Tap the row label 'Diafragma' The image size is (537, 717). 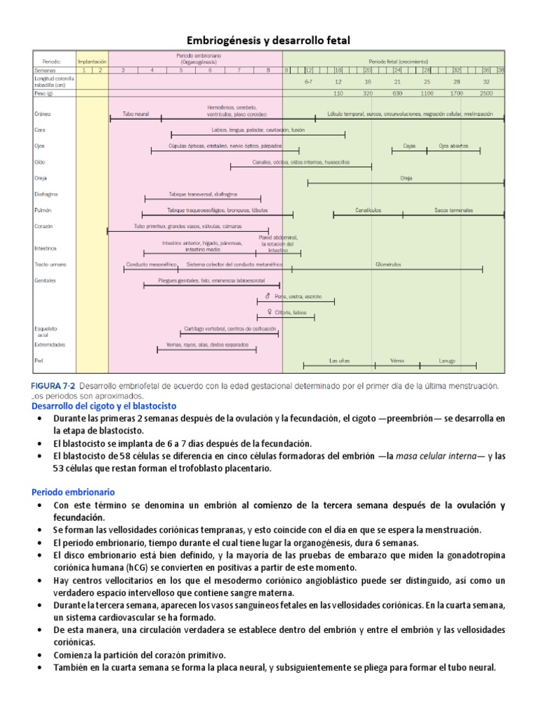pos(46,194)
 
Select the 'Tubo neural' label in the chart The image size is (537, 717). pos(136,113)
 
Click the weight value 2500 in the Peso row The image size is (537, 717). pos(486,92)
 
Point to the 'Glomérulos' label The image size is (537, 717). pos(387,265)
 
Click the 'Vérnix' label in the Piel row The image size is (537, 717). pos(398,361)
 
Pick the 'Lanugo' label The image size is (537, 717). pos(447,361)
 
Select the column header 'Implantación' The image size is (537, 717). pos(92,61)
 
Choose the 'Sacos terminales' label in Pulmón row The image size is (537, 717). pos(453,210)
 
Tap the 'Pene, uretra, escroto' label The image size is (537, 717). pos(299,297)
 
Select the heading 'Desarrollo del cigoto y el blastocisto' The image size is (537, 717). pos(105,406)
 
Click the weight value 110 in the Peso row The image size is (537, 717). pos(338,92)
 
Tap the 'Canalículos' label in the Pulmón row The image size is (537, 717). pos(368,210)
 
